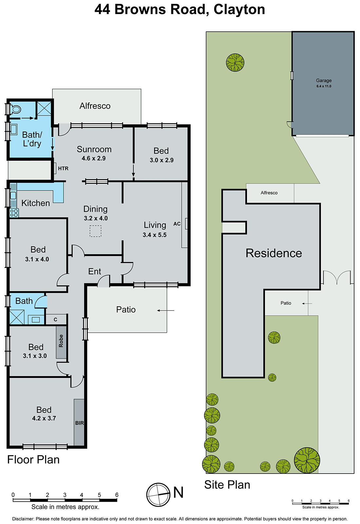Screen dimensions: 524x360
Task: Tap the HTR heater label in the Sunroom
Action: (x=63, y=168)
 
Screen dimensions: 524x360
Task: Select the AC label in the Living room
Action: (x=177, y=224)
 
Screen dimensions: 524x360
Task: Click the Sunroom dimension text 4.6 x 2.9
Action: (x=94, y=158)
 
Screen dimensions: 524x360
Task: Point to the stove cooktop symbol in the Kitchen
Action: (x=14, y=213)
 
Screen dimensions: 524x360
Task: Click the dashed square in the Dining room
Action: (x=96, y=231)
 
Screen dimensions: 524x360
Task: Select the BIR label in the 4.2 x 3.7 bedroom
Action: (x=79, y=423)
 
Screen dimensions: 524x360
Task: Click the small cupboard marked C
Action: (x=55, y=319)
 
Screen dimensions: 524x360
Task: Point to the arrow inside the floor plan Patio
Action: (x=165, y=310)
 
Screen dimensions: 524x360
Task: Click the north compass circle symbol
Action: (x=158, y=495)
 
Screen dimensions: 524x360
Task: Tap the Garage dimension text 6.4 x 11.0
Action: (x=324, y=86)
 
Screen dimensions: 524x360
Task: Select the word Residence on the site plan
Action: (x=274, y=253)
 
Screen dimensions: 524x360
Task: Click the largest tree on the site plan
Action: (x=307, y=460)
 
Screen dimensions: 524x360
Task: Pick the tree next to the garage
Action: (x=235, y=63)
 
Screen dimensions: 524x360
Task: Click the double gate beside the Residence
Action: (x=337, y=277)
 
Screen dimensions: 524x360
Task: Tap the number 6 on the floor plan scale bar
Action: (x=117, y=495)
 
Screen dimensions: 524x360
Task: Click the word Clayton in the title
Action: (x=239, y=9)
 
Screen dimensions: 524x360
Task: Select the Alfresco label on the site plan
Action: (x=269, y=193)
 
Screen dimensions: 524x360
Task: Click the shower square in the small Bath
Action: (x=16, y=317)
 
